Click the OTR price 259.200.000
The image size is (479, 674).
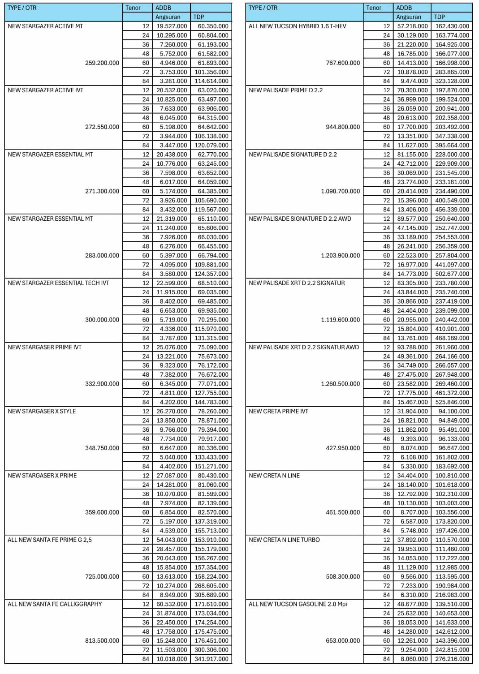coord(102,63)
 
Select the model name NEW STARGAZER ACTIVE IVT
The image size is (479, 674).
coord(45,90)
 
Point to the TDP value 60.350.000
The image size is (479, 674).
coord(213,26)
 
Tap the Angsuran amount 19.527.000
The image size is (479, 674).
coord(172,26)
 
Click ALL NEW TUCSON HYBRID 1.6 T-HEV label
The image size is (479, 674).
coord(297,26)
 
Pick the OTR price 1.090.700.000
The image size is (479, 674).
coord(340,191)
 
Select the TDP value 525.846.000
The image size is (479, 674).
coord(452,402)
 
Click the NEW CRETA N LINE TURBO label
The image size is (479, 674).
coord(284,540)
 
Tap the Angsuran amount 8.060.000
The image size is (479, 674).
coord(412,659)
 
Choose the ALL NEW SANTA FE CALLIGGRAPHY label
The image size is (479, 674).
coord(55,604)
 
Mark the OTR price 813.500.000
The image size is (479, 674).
coord(102,641)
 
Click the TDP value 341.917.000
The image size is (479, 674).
coord(211,659)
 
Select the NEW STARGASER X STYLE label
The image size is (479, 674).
coord(42,412)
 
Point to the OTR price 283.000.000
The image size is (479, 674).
coord(102,256)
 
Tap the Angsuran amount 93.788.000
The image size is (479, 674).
coord(412,348)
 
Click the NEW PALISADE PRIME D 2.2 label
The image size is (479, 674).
coord(285,90)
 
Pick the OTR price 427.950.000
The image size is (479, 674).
coord(343,448)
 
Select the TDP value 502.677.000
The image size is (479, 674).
coord(452,274)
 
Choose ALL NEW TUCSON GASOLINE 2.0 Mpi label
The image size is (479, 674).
coord(298,604)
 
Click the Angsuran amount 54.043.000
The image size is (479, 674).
coord(172,540)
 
